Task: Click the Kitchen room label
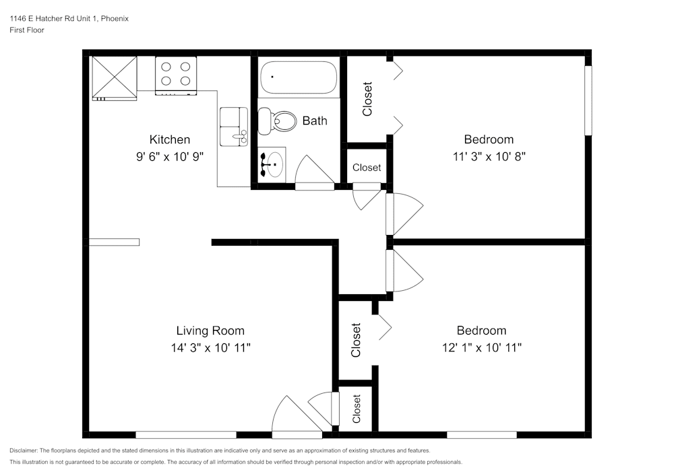point(170,139)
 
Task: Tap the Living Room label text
point(210,331)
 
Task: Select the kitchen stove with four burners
point(176,74)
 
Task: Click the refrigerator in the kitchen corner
point(114,77)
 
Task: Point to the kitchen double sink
point(234,126)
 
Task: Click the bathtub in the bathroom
point(299,77)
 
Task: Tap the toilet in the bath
point(278,122)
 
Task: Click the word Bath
point(315,121)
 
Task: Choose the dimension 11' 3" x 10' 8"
point(489,156)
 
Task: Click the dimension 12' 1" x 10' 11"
point(481,347)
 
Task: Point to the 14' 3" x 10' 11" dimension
point(210,347)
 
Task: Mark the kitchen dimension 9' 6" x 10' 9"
point(170,156)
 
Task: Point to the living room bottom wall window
point(186,435)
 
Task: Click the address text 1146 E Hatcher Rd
point(54,19)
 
